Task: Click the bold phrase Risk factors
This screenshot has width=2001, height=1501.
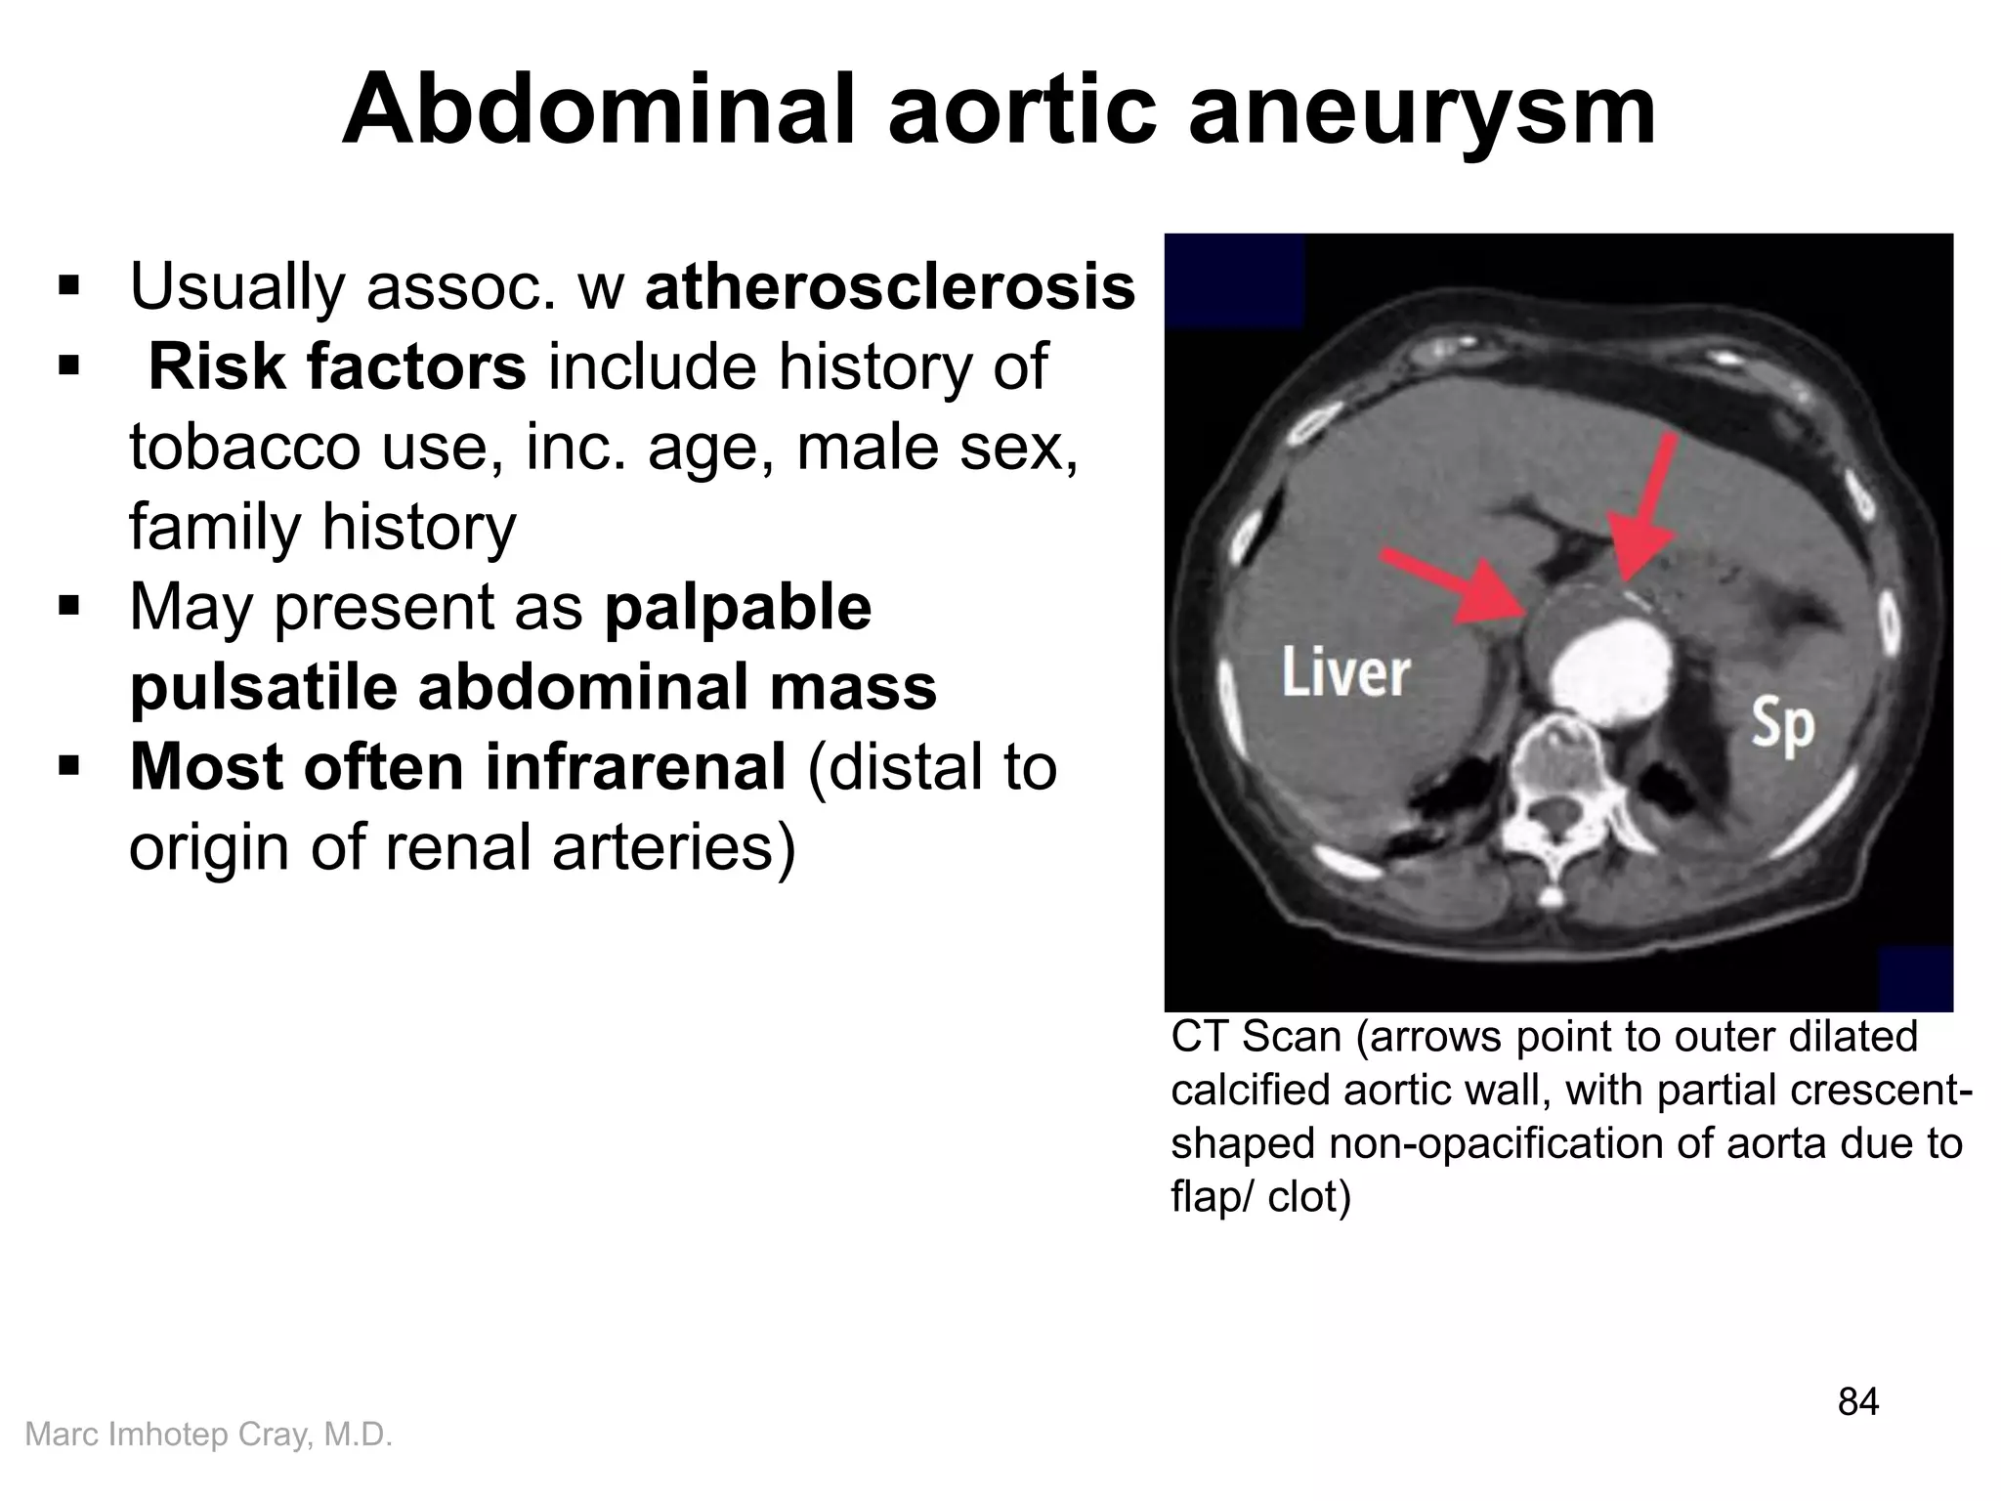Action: point(337,367)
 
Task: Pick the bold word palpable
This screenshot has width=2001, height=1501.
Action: point(738,608)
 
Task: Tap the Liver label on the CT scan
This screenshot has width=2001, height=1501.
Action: point(1345,673)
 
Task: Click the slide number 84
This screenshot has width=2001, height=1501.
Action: point(1857,1402)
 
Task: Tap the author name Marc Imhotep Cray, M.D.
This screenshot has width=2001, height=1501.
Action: point(208,1435)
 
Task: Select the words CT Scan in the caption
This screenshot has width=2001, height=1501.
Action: point(1256,1038)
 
